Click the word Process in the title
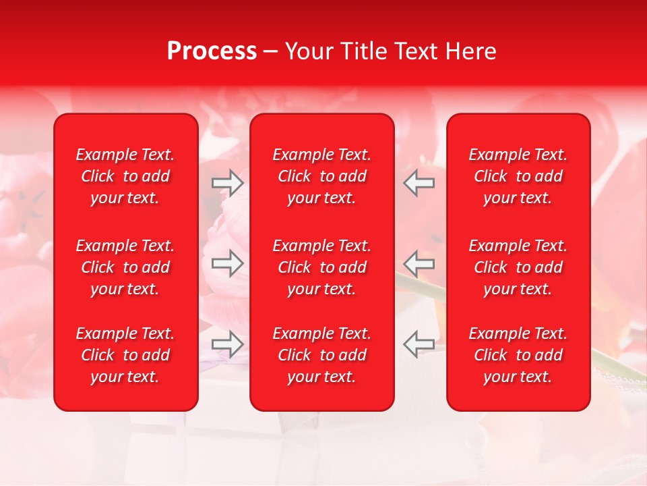click(x=212, y=51)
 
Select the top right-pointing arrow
click(x=228, y=183)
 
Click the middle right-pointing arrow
click(x=228, y=263)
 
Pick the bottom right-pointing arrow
click(x=228, y=344)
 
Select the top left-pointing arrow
click(x=419, y=183)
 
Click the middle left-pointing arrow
click(x=419, y=263)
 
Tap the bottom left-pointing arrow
click(x=419, y=344)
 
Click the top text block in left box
click(x=125, y=176)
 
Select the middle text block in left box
click(x=125, y=267)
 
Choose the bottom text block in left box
click(x=125, y=355)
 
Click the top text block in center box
click(x=321, y=176)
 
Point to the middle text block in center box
click(x=321, y=267)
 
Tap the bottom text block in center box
click(x=321, y=355)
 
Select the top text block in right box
click(x=518, y=176)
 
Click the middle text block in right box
click(x=518, y=267)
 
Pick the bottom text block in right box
click(x=518, y=355)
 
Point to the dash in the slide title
click(x=271, y=52)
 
